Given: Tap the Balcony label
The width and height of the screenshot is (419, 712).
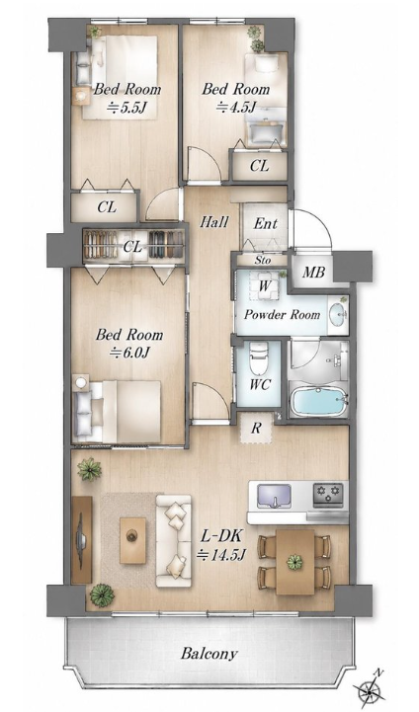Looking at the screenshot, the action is pos(209,654).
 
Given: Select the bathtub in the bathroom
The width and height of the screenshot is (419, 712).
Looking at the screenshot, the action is pos(318,401).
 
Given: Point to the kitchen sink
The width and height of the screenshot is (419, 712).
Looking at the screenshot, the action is pos(274,496).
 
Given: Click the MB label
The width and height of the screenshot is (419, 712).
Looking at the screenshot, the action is pos(313,273).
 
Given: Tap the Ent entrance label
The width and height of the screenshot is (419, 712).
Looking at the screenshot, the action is pos(266,223).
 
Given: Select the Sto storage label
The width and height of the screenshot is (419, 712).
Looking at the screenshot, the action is pos(263,260).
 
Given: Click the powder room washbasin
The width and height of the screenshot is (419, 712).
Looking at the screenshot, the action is pos(338,315).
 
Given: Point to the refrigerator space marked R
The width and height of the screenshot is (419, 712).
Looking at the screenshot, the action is pos(256,428).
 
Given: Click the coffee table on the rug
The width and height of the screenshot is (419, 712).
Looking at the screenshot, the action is pos(132,540).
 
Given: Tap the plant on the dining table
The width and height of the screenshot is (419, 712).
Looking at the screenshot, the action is pos(294,562).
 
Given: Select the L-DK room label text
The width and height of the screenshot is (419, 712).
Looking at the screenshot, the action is pos(222,536).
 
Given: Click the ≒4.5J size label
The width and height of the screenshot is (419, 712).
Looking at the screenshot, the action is pos(236,108).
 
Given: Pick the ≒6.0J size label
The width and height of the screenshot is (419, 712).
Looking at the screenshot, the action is pos(128,353).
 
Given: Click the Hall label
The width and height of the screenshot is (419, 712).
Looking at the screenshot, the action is pos(214,222).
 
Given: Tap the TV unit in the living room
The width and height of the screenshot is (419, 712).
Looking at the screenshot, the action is pos(82,539).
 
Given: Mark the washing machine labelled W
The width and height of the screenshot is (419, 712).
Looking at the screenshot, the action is pos(264,286).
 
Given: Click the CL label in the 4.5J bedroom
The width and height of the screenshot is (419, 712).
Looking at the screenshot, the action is pos(260,166).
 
